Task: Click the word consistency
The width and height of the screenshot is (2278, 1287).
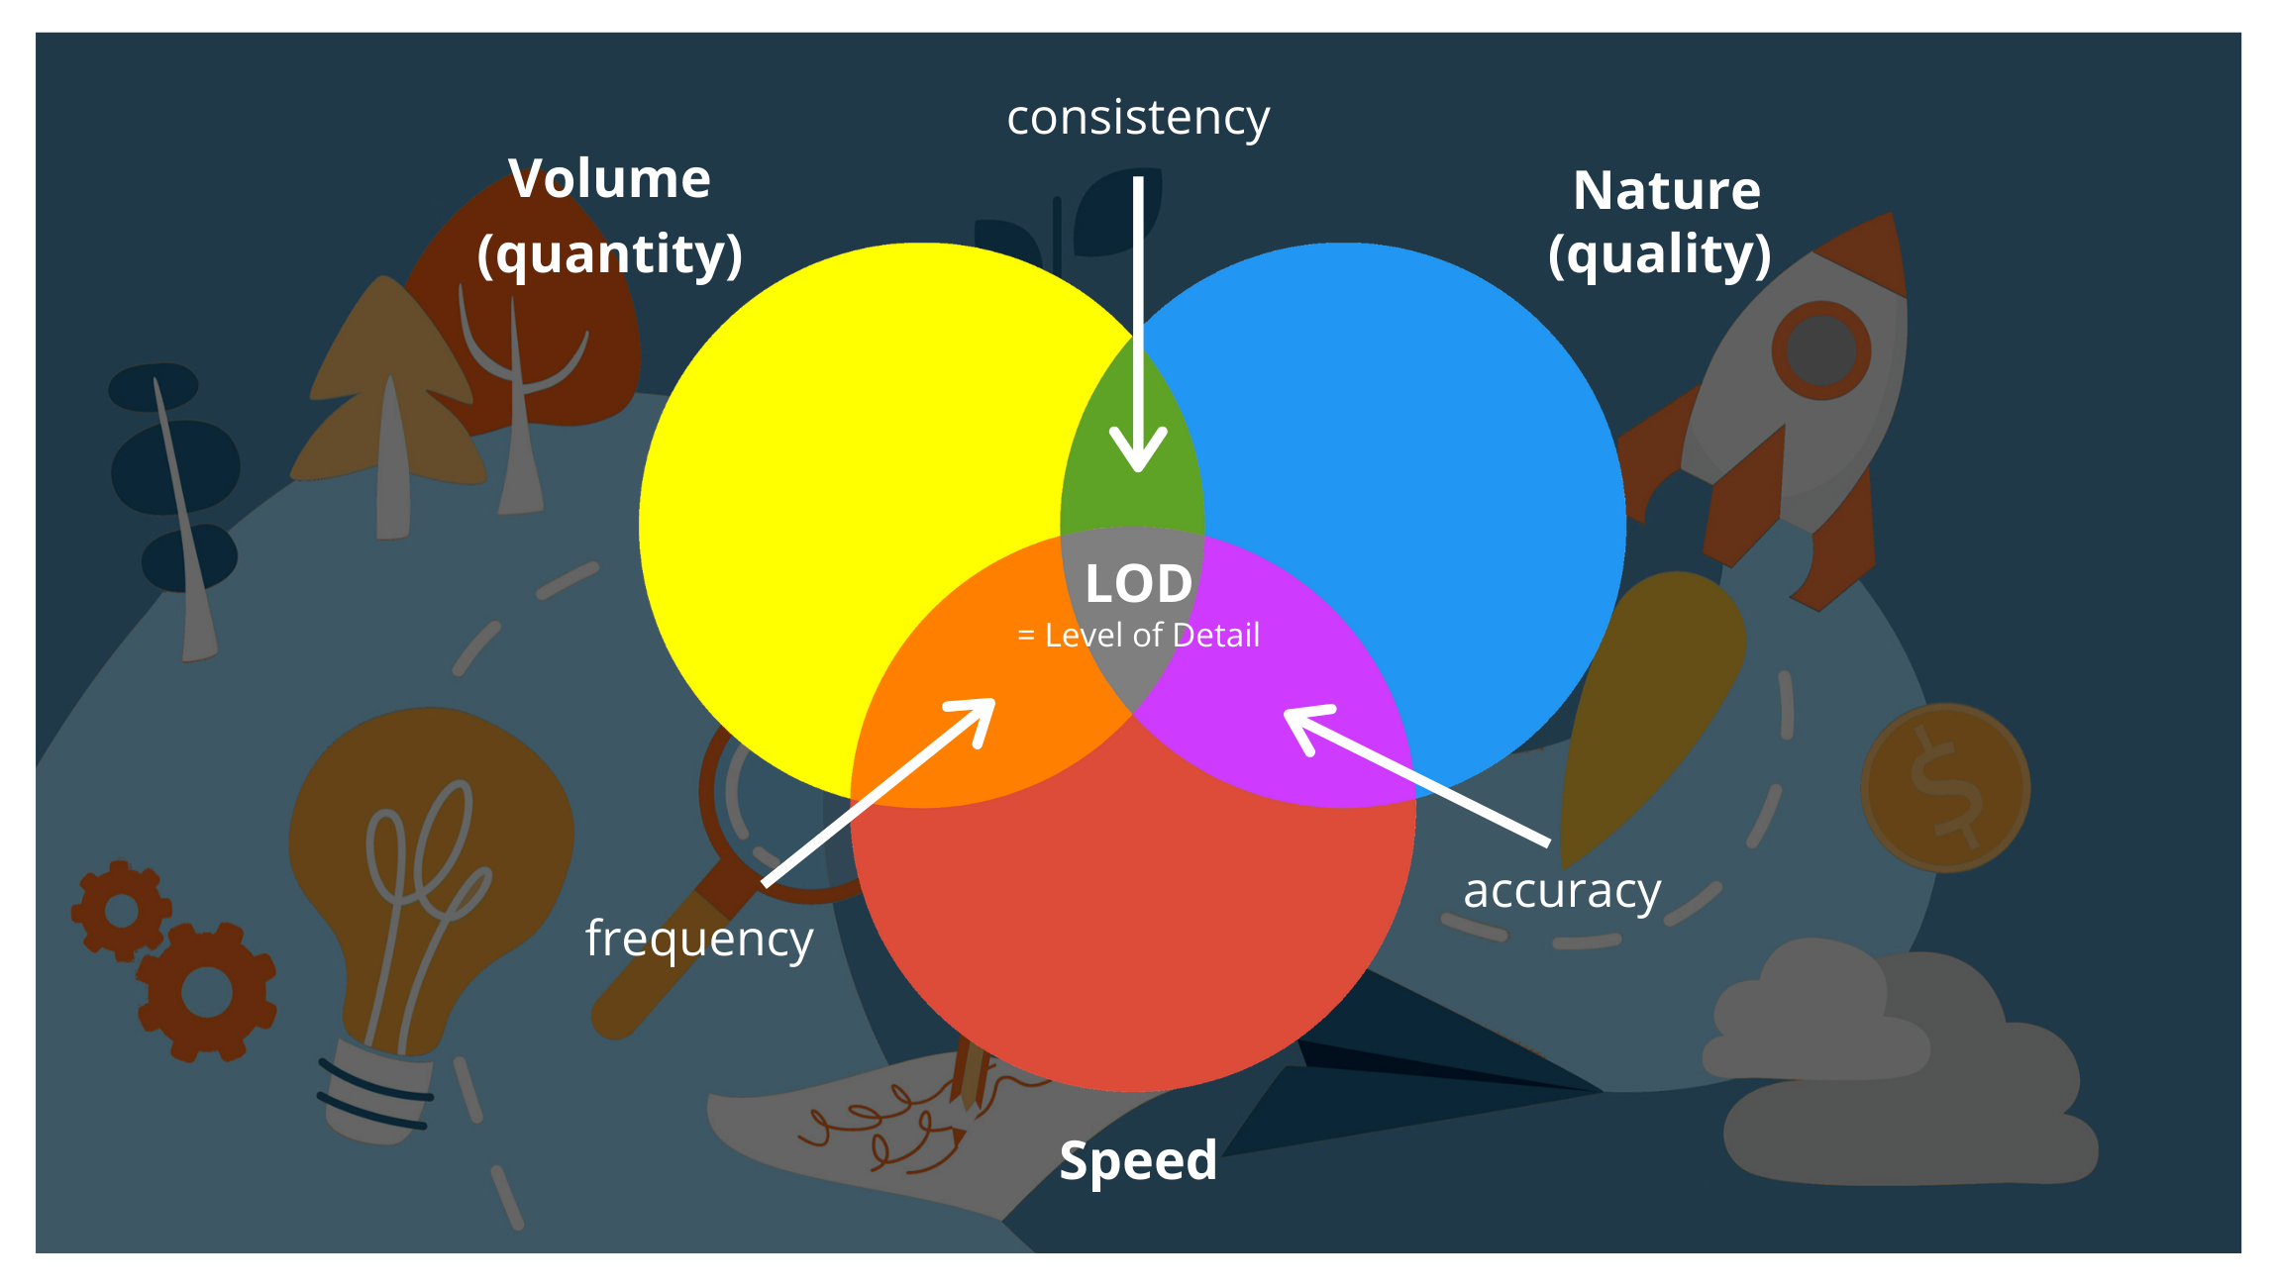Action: pos(1138,118)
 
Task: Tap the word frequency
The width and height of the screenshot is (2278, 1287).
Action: pos(699,939)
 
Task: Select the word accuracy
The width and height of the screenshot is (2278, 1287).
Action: pos(1562,890)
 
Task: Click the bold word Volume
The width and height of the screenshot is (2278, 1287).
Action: pos(610,179)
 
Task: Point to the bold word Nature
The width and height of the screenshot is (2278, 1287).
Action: pos(1667,190)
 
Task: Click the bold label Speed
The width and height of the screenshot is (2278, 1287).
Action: pos(1138,1160)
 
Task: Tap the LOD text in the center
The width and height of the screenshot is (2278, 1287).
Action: pos(1138,583)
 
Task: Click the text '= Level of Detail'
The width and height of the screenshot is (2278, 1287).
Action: pos(1138,636)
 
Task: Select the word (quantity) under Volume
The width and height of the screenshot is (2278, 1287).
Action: pos(610,254)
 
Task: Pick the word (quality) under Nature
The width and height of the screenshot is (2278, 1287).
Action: pos(1660,254)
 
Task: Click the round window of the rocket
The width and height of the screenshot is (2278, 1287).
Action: pos(1820,350)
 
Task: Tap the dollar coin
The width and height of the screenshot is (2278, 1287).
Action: pos(1945,788)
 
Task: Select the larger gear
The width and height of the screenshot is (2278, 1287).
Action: pos(207,991)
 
